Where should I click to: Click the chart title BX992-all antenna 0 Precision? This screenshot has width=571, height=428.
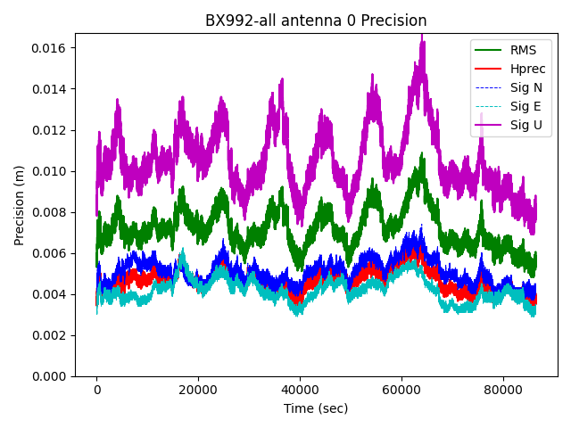pos(316,21)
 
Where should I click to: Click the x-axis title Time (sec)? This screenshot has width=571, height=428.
pos(316,408)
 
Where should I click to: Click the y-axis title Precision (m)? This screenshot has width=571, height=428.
pos(19,204)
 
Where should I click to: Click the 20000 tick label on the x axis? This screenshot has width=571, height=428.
pos(198,390)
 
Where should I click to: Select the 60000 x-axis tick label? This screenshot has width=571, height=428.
pos(401,390)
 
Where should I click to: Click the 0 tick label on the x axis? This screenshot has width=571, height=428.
pos(97,390)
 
